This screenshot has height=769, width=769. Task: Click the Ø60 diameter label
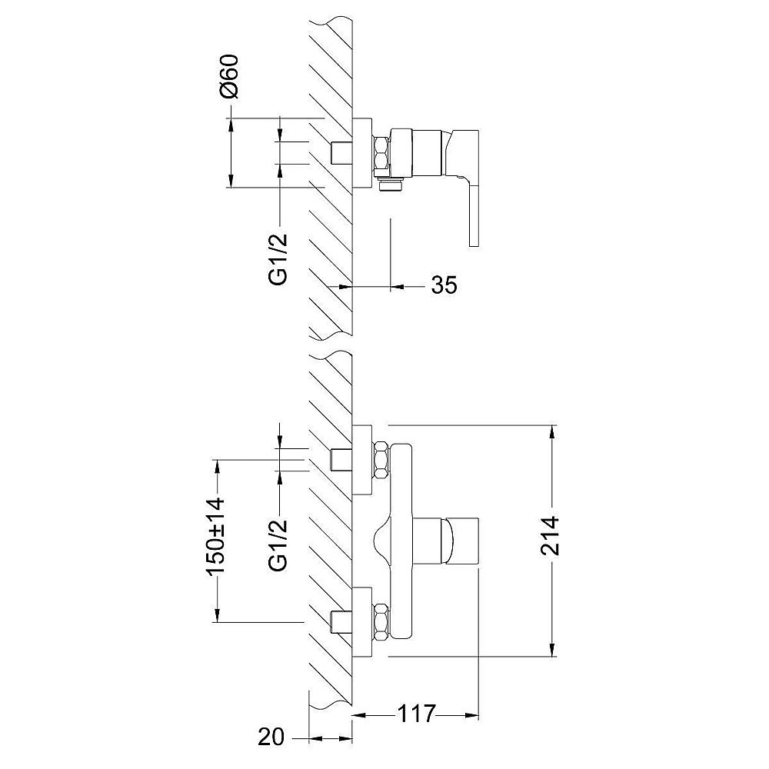229,76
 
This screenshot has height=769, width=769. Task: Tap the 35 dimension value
444,285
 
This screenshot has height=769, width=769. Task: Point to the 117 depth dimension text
416,714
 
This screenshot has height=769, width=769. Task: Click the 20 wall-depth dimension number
271,737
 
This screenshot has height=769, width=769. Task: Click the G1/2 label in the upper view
278,259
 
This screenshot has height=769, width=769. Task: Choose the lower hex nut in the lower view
381,622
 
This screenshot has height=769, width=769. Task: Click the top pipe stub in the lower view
342,459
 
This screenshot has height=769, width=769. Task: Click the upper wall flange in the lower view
362,460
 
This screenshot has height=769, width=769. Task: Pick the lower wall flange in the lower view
362,622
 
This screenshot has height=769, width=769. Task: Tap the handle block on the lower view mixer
460,541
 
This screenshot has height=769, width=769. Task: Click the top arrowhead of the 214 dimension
553,432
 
